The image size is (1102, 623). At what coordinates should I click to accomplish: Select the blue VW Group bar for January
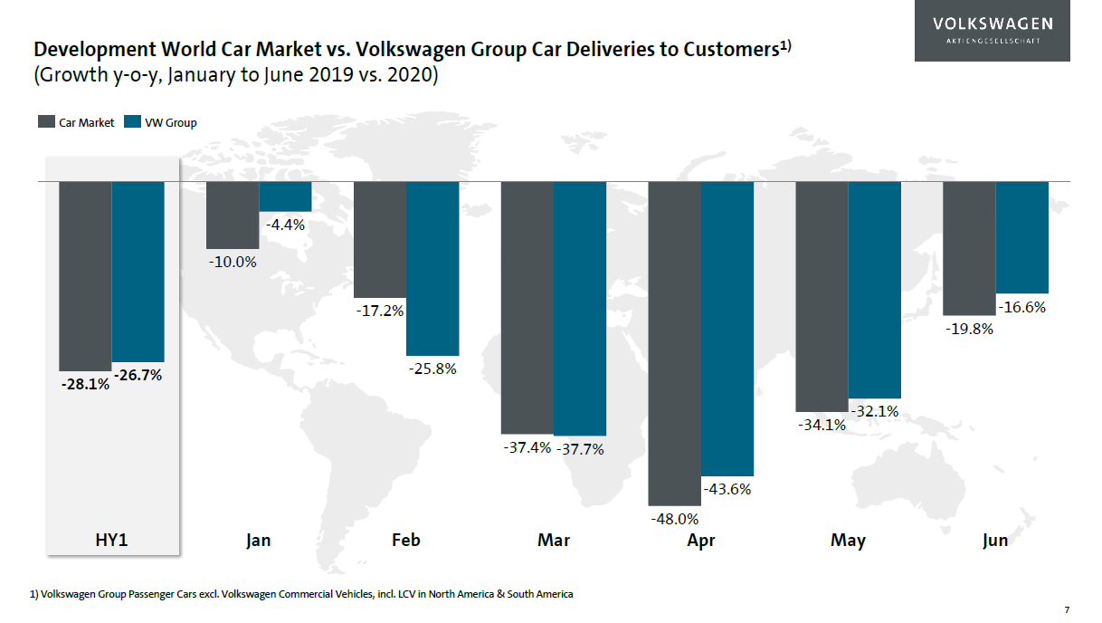point(286,196)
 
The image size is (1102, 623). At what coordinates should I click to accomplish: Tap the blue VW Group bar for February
point(432,268)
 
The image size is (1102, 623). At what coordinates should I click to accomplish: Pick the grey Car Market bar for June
point(969,248)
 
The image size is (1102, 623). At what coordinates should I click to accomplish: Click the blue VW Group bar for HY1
point(138,271)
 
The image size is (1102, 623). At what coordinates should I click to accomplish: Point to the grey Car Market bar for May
point(822,296)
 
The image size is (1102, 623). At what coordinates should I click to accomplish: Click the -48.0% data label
point(675,519)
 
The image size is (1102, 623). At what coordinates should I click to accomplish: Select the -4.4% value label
point(286,225)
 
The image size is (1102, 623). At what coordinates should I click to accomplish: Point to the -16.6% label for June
point(1022,307)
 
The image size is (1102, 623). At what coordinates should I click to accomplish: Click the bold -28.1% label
point(85,384)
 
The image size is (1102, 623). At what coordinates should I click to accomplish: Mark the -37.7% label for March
point(580,448)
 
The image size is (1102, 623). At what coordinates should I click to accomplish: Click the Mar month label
point(554,541)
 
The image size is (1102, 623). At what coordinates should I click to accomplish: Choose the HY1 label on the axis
point(112,541)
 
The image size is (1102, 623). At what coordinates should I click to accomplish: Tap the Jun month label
point(995,541)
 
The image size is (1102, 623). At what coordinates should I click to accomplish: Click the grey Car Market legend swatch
point(46,122)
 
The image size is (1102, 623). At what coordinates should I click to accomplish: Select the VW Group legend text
point(170,122)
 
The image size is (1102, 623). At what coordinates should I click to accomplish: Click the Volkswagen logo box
point(992,31)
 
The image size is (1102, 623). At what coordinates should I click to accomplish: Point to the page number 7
point(1067,609)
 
